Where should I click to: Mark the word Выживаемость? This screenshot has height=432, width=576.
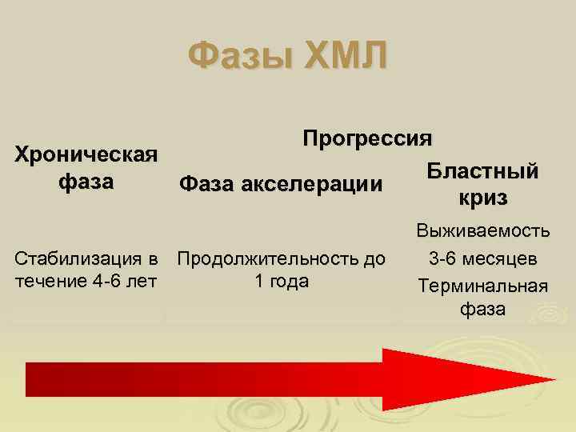(x=482, y=232)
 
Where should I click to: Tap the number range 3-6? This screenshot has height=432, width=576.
(x=443, y=259)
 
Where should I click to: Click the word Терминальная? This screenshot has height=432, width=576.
(x=482, y=286)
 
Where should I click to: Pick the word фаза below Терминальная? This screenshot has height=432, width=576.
(x=482, y=310)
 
